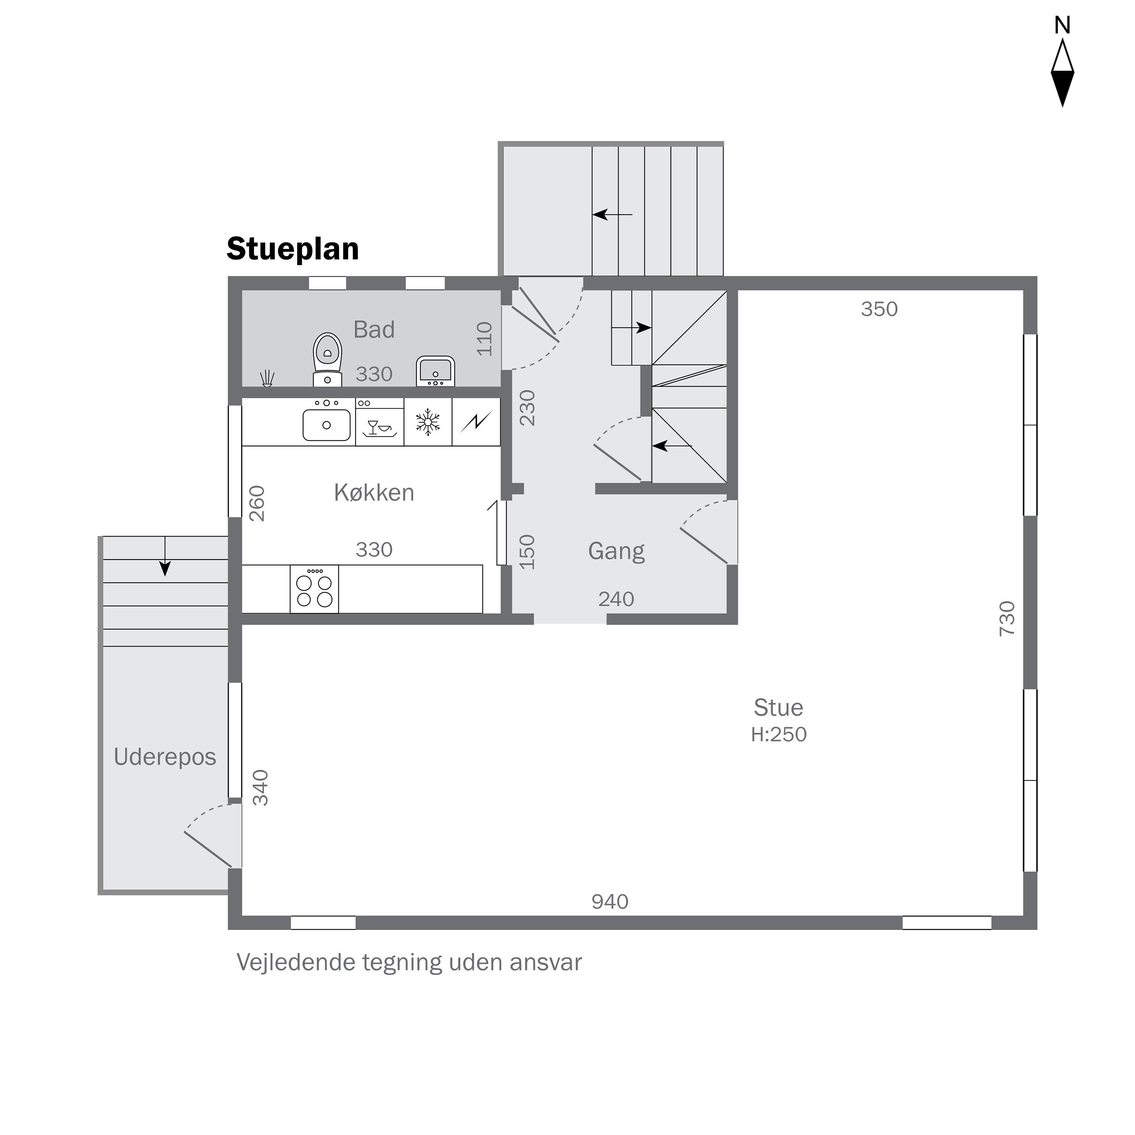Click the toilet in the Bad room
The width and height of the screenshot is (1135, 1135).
[x=328, y=359]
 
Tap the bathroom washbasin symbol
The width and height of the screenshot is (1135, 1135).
[x=435, y=371]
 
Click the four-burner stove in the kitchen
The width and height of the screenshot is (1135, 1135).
[x=314, y=589]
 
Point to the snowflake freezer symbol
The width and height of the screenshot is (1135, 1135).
[x=428, y=422]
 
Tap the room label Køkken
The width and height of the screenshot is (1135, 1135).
[x=374, y=492]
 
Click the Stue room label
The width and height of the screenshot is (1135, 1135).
[x=778, y=708]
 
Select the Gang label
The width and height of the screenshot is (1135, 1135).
[x=616, y=552]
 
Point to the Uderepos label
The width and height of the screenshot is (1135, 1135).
[x=165, y=757]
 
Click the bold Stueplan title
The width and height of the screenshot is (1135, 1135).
[x=292, y=249]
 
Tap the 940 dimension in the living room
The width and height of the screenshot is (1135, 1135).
[x=610, y=901]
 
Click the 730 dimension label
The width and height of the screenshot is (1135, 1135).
[x=1007, y=619]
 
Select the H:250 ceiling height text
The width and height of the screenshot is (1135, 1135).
[x=778, y=734]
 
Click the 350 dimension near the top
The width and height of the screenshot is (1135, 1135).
[x=880, y=309]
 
